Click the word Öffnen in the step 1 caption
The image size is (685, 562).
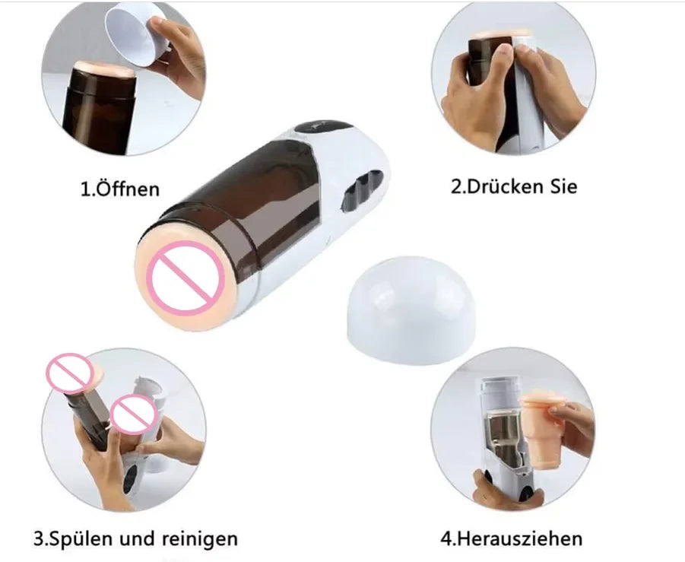(128, 189)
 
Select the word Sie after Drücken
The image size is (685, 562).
(563, 186)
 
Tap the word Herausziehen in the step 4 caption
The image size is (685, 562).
(523, 539)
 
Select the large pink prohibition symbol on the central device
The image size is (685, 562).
(186, 277)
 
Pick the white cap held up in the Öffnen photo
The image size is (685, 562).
(136, 35)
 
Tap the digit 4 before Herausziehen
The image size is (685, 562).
(447, 539)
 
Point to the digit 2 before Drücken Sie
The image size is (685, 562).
(456, 186)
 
